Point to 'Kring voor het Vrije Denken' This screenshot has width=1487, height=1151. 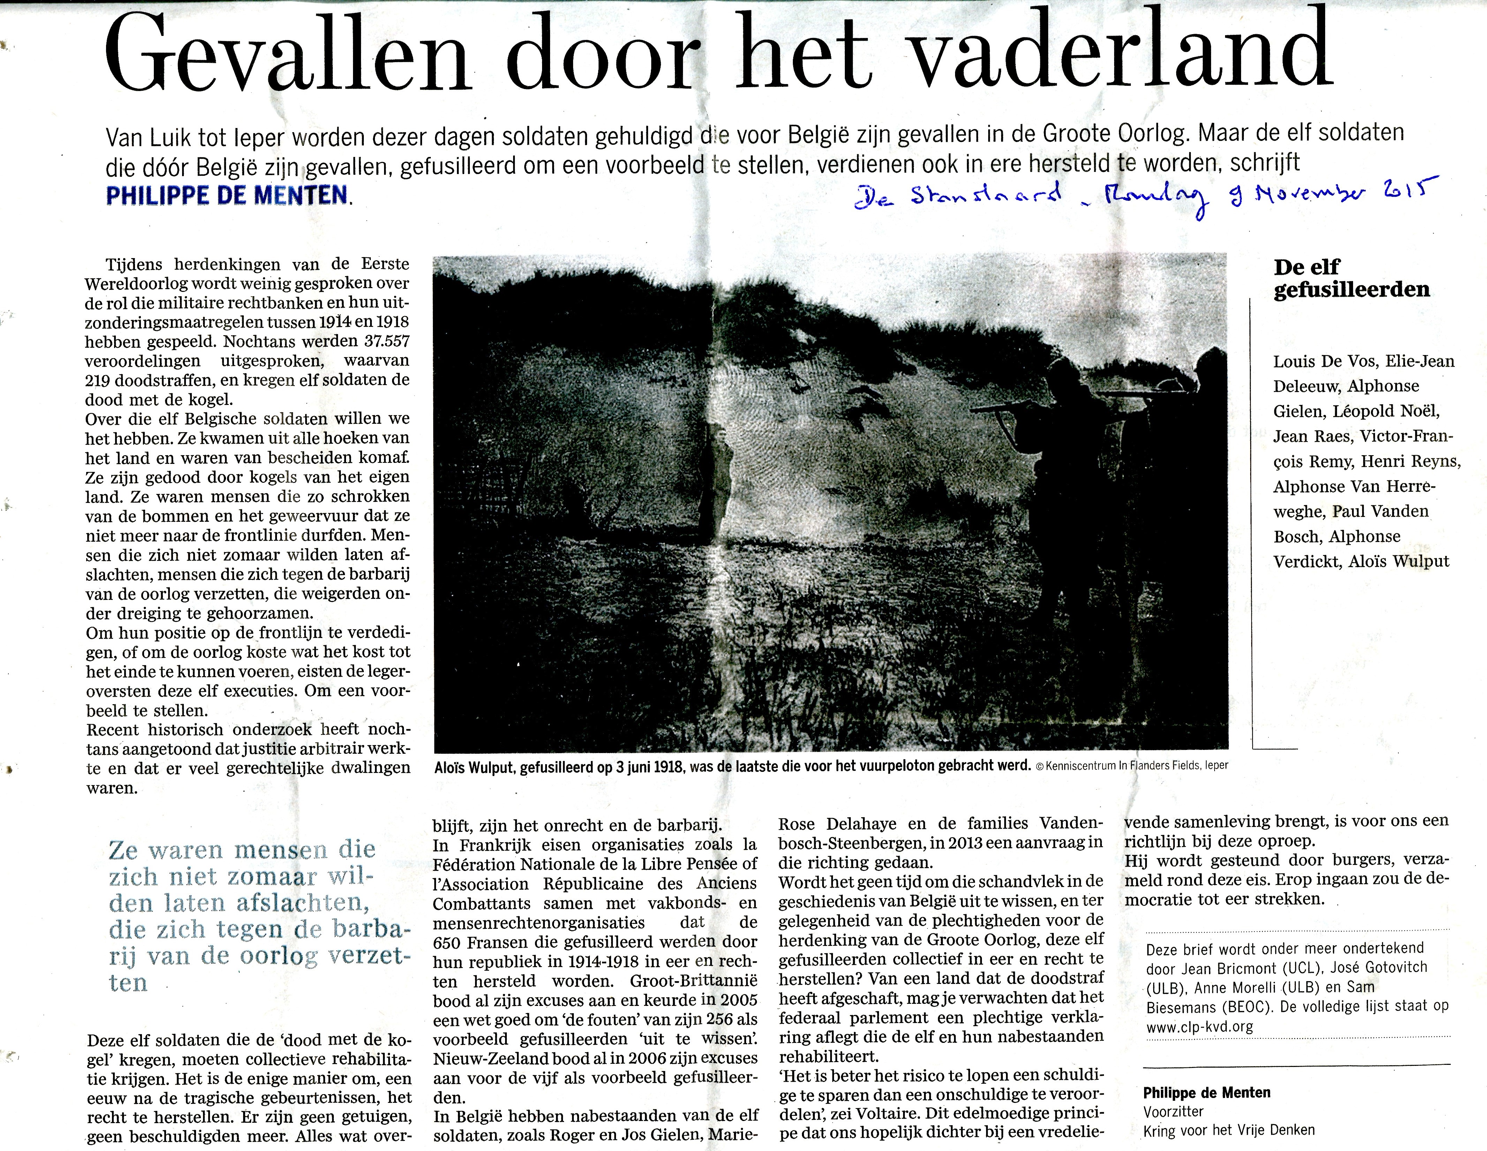1229,1130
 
